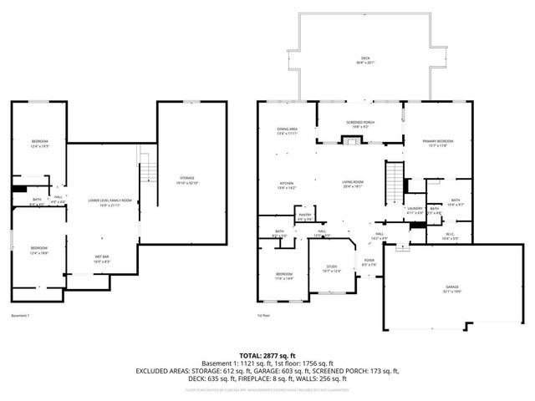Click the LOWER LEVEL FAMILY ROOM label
tap(110, 201)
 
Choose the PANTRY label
tap(304, 216)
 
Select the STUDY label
tap(332, 267)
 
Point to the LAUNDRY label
tap(413, 209)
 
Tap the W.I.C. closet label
tap(450, 235)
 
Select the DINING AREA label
tap(287, 130)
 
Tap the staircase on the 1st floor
tap(393, 179)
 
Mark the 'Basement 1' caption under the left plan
tap(20, 316)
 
